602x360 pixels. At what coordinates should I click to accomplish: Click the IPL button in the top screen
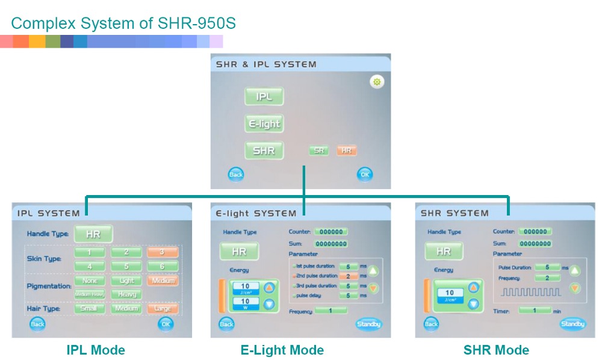click(264, 97)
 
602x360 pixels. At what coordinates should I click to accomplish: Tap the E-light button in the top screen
click(264, 124)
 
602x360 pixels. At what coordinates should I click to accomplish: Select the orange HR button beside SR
click(346, 151)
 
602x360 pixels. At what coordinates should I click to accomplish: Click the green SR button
click(319, 151)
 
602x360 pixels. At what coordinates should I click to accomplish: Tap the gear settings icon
click(377, 82)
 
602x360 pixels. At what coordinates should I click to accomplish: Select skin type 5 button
click(126, 265)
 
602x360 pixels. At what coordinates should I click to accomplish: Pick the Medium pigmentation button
click(163, 281)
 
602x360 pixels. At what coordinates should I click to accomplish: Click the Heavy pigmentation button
click(126, 294)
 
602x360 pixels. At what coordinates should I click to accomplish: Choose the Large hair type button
click(163, 309)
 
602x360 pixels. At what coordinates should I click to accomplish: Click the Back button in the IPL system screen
click(37, 324)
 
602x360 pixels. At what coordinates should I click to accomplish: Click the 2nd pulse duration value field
click(349, 276)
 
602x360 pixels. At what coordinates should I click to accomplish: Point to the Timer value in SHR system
click(535, 311)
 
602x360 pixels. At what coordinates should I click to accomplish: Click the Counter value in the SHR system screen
click(535, 232)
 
